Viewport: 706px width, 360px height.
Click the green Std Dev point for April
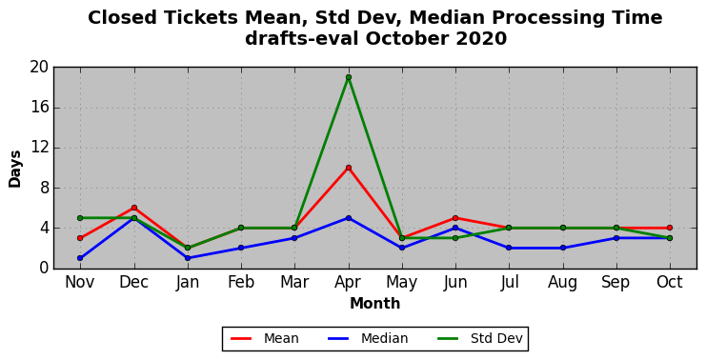click(349, 77)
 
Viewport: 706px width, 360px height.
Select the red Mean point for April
click(349, 168)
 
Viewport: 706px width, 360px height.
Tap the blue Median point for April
click(349, 218)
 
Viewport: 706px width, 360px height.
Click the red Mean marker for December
click(134, 208)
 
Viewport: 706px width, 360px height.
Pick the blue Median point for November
click(80, 258)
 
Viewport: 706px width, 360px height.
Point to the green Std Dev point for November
click(80, 218)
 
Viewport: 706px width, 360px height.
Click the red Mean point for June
click(455, 218)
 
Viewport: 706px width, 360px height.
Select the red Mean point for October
click(670, 228)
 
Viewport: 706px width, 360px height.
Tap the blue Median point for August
click(563, 248)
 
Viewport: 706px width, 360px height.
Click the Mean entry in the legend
click(265, 338)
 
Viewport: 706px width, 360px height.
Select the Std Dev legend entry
click(480, 338)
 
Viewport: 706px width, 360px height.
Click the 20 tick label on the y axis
click(39, 68)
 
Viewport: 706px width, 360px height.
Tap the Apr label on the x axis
click(348, 283)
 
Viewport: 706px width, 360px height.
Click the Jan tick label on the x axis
click(188, 283)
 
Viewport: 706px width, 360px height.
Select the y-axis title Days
click(15, 169)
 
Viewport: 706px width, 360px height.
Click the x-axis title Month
click(375, 304)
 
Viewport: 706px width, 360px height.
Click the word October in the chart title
click(409, 39)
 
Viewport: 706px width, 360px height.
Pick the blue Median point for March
click(294, 238)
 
